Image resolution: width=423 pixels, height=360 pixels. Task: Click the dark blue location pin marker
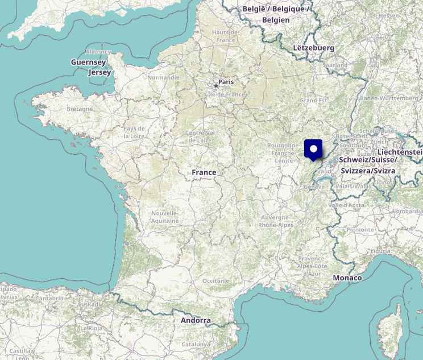point(313,149)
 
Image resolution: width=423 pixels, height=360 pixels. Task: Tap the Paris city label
point(226,82)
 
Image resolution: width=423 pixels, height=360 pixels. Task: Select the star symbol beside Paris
point(215,86)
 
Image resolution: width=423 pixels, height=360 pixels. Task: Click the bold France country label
point(204,172)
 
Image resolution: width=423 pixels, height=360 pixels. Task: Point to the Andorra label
point(196,320)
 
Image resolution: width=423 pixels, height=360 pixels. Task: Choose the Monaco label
point(347,278)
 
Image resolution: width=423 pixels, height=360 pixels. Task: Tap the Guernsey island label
point(88,62)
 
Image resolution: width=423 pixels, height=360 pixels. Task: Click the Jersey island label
point(100,72)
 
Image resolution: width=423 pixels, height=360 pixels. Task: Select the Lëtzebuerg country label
point(313,48)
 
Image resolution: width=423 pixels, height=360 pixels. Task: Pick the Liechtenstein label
point(400,152)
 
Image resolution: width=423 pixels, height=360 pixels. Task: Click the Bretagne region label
point(79,109)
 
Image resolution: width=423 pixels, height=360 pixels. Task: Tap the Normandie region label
point(163,77)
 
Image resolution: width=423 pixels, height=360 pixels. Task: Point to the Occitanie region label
point(215,280)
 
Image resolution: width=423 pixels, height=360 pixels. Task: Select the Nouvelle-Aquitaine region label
point(165,217)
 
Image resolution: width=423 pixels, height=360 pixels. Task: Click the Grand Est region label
point(313,100)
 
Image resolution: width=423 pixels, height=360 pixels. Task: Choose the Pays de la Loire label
point(134,132)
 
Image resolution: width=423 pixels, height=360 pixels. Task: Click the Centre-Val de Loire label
point(200,136)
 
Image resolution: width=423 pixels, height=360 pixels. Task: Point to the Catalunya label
point(196,344)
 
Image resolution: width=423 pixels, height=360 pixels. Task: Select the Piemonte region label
point(360,230)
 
